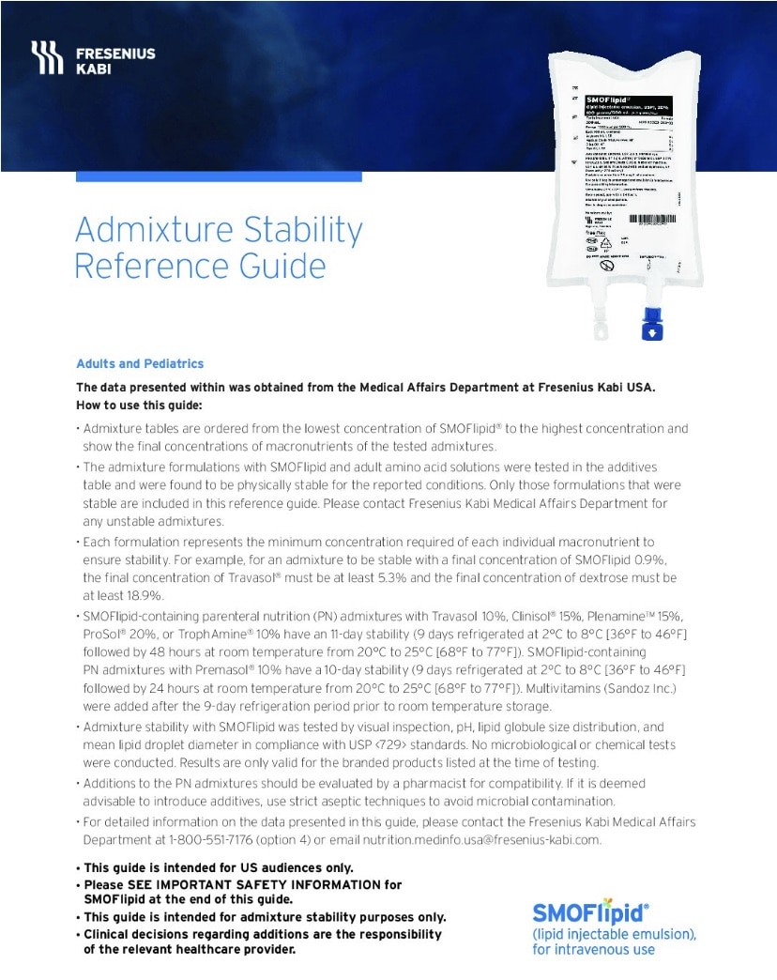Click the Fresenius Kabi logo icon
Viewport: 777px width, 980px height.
48,59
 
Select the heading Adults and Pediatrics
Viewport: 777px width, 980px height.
140,364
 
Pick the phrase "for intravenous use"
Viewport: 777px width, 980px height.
594,949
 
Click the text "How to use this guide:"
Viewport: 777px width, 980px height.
139,406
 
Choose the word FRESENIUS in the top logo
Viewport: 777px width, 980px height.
115,53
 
